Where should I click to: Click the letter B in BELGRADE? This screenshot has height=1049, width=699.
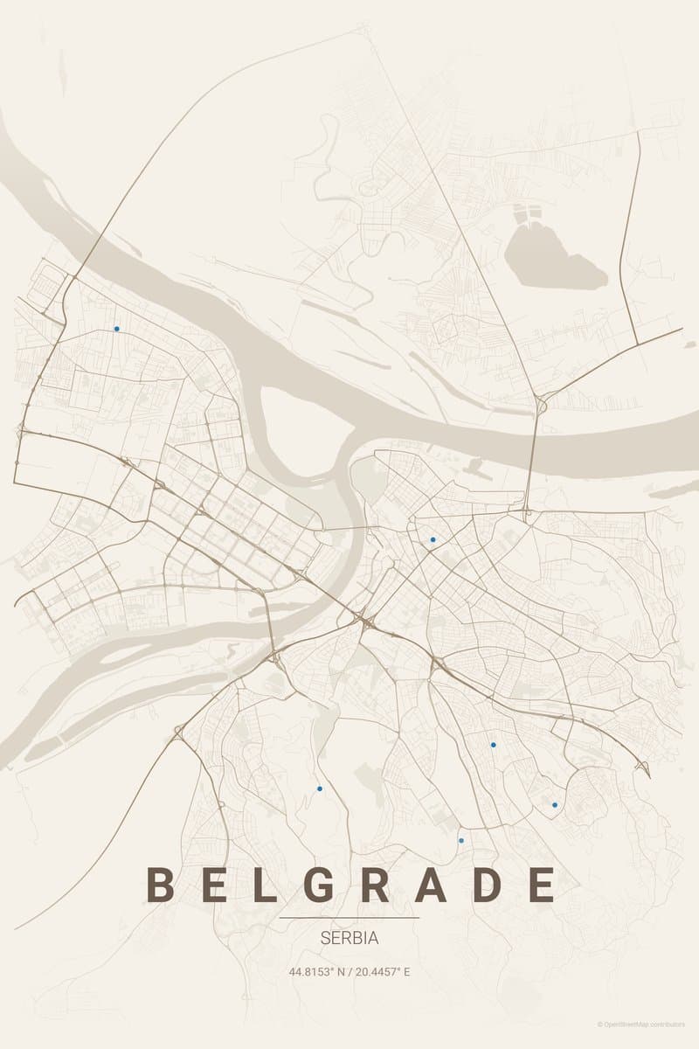tap(160, 885)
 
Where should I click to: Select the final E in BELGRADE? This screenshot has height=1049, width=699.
tap(542, 885)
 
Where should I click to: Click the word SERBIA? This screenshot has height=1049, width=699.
tap(349, 939)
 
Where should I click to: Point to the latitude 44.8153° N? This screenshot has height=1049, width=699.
tap(319, 971)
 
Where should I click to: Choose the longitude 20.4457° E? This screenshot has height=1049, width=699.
tap(382, 971)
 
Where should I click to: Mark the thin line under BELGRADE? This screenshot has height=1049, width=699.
tap(349, 918)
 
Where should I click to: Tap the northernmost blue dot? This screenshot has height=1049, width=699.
tap(116, 330)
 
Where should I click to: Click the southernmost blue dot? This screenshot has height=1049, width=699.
tap(461, 841)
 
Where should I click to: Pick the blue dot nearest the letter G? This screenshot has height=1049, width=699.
tap(320, 788)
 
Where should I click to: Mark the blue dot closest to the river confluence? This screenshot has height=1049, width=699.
tap(433, 540)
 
